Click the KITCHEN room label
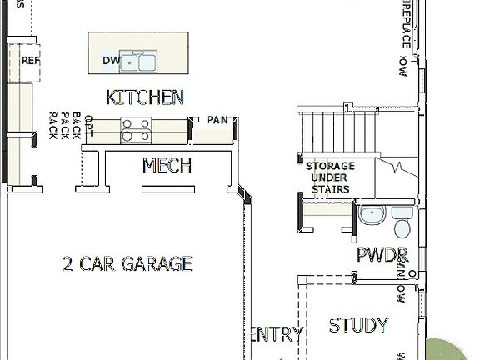pos(145,97)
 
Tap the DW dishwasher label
pos(111,61)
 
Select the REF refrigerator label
pos(31,61)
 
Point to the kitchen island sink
pos(139,62)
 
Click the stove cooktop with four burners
pos(137,130)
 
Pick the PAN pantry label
pos(217,120)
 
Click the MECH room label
pos(167,165)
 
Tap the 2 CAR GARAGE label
pos(127,264)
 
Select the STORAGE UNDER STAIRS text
pos(330,177)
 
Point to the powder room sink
pos(372,216)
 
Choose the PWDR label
pos(382,255)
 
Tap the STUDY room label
pos(358,325)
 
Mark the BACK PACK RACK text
pos(65,126)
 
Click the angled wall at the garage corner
pos(244,194)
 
